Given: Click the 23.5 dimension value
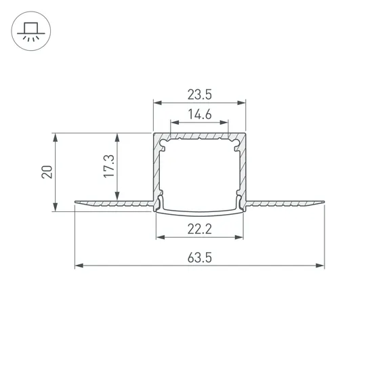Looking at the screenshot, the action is tap(199, 94).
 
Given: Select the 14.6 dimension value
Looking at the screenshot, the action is tap(199, 114).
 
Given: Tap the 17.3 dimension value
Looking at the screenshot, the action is tap(109, 166).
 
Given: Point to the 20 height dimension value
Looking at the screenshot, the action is tap(47, 171).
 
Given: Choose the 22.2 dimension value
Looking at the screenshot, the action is tap(199, 229).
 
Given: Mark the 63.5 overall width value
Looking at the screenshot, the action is tap(199, 257).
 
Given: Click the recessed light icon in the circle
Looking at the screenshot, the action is tap(31, 30).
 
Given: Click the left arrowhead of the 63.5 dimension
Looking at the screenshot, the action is tap(79, 266).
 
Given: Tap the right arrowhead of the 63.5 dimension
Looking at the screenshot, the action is tap(320, 266).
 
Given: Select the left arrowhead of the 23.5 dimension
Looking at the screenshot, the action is tap(158, 103).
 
